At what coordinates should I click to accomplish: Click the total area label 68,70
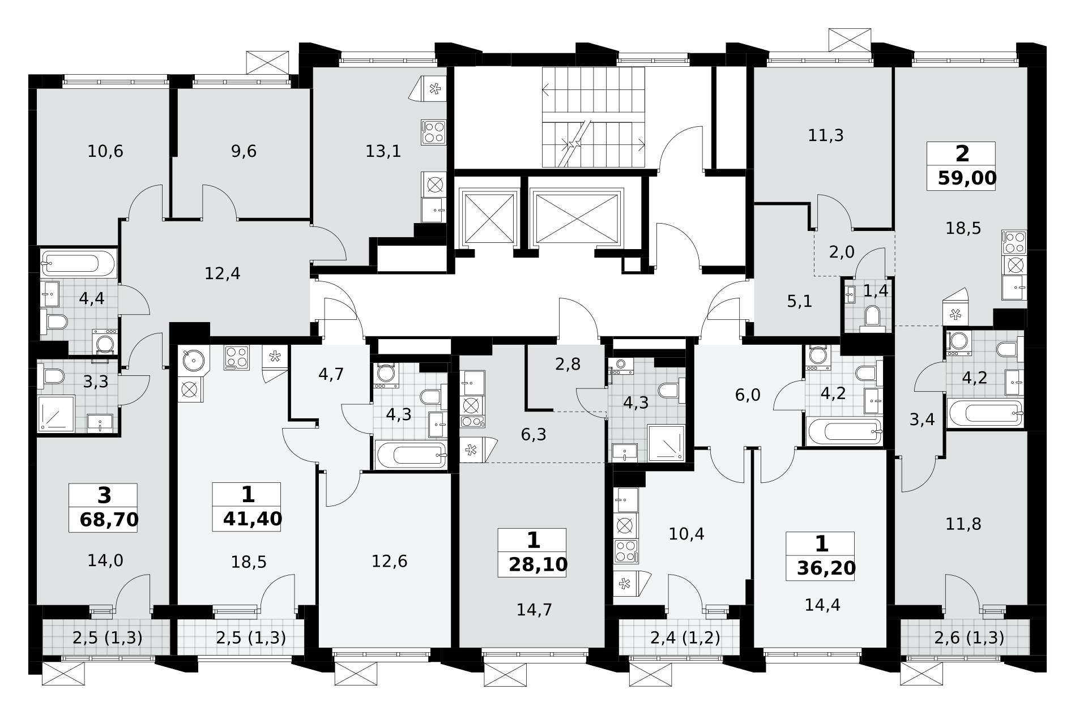click(109, 520)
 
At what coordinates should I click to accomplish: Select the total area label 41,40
click(253, 519)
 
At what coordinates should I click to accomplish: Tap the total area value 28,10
click(538, 564)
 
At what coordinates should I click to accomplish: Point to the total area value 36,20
click(826, 568)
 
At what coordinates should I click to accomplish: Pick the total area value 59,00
click(967, 178)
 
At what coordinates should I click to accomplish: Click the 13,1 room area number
click(383, 151)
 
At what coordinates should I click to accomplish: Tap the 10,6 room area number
click(105, 151)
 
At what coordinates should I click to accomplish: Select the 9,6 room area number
click(244, 151)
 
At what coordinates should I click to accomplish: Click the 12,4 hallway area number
click(223, 274)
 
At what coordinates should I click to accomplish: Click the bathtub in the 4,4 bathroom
click(78, 263)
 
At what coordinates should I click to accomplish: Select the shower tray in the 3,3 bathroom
click(56, 414)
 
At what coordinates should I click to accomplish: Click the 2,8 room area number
click(568, 365)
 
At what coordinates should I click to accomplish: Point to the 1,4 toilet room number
click(876, 291)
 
